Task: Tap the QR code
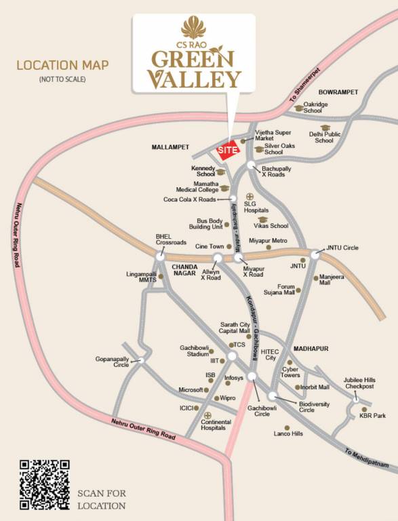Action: (45, 484)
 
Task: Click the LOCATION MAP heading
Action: (62, 66)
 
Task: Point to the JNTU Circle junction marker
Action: (315, 254)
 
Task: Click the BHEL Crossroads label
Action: (171, 239)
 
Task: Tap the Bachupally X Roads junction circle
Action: (252, 165)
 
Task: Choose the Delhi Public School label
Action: (324, 137)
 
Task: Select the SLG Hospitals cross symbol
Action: (249, 197)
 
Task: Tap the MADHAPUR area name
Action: (312, 349)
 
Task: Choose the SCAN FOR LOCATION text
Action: (102, 499)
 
